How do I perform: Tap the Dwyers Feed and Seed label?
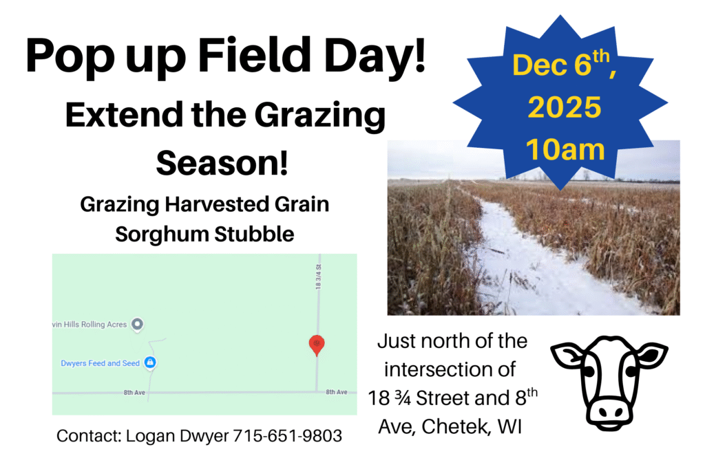point(101,363)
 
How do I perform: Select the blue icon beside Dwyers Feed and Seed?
point(150,362)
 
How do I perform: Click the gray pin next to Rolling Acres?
point(137,324)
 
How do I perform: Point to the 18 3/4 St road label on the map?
point(319,276)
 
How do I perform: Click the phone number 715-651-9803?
point(287,435)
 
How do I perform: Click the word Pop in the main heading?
point(70,56)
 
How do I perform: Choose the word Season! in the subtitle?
point(222,162)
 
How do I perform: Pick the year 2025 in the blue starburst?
point(565,107)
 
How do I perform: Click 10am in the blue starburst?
point(565,149)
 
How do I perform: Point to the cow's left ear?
point(568,354)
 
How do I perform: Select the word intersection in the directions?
point(450,369)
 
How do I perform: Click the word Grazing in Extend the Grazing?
point(320,116)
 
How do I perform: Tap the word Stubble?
point(254,234)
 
